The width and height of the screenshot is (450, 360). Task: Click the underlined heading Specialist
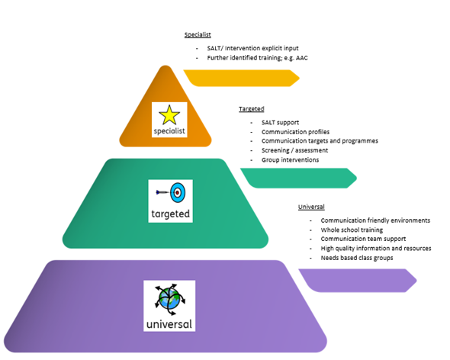point(198,35)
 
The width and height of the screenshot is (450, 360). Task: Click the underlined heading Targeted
point(252,109)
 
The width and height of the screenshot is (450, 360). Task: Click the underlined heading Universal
point(311,207)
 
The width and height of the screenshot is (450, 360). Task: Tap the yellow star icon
point(169,115)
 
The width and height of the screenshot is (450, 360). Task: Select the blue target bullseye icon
point(178,193)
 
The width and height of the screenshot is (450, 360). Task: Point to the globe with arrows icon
point(169,299)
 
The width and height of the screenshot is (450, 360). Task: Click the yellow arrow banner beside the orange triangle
point(241,78)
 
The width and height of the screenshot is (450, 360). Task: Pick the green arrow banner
point(298,178)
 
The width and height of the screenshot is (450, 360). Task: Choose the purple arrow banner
point(358,281)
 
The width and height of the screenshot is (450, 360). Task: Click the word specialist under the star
point(169,131)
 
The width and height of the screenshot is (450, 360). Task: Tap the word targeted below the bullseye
point(171,214)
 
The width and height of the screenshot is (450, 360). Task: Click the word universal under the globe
point(169,324)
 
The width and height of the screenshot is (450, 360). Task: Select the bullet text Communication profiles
point(295,132)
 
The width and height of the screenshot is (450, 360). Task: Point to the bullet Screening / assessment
point(294,150)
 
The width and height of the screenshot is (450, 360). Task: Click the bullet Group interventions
point(290,159)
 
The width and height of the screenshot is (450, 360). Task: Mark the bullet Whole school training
point(352,230)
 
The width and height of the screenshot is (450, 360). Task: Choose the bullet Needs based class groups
point(357,258)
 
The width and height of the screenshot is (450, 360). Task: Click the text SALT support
point(280,123)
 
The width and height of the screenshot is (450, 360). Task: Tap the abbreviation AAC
point(301,58)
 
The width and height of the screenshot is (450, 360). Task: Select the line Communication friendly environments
point(375,220)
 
